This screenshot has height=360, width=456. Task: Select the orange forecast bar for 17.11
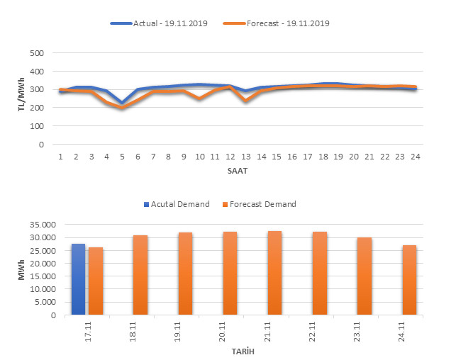(96, 281)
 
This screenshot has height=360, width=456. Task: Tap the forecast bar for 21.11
(274, 274)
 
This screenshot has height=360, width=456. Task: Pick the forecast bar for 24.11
(409, 281)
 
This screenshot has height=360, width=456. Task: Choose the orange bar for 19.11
(185, 274)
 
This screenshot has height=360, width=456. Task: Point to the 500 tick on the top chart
(37, 53)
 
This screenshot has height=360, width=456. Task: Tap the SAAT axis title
(238, 171)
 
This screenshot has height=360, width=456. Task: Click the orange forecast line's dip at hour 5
(122, 108)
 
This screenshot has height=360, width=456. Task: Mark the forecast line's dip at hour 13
(245, 101)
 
